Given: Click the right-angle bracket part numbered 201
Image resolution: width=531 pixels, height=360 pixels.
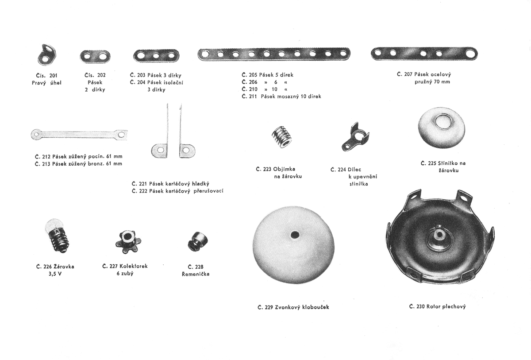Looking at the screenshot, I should (46, 54).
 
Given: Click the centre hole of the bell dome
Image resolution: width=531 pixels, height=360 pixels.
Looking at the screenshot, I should (293, 233).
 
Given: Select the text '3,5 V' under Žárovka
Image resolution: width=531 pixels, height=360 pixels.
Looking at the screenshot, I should (55, 274).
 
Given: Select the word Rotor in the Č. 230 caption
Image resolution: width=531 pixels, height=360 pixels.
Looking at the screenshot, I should (435, 306).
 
